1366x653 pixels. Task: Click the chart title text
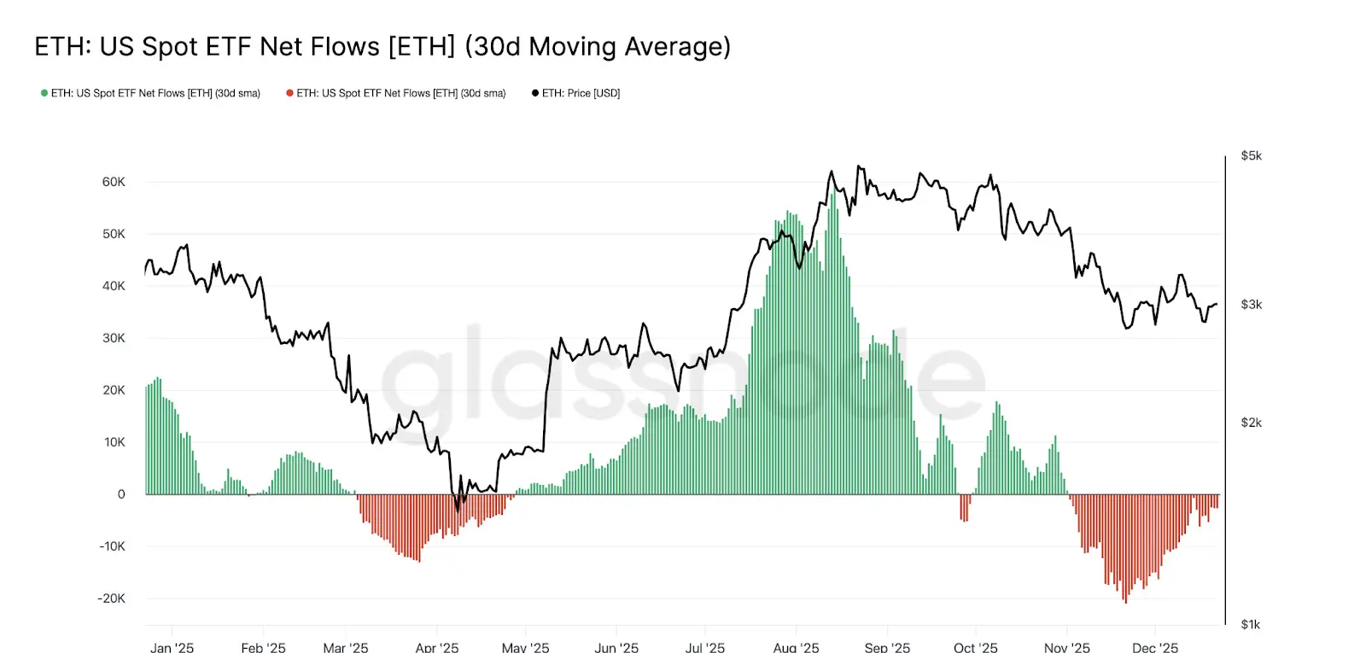click(x=382, y=46)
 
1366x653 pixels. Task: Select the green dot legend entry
click(x=150, y=93)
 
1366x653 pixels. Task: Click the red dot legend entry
click(x=396, y=93)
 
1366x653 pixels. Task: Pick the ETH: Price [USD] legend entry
click(x=576, y=93)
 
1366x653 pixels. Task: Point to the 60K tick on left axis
click(x=114, y=182)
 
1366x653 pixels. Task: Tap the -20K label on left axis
click(x=111, y=598)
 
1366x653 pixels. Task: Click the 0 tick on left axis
click(x=121, y=494)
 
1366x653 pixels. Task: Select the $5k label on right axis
click(x=1251, y=156)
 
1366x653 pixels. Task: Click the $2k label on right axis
click(x=1251, y=423)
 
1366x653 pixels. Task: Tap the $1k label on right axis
click(x=1250, y=625)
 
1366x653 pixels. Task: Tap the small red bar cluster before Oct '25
click(x=964, y=508)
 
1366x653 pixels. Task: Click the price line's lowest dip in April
click(x=458, y=510)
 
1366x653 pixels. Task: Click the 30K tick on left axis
click(x=114, y=338)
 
